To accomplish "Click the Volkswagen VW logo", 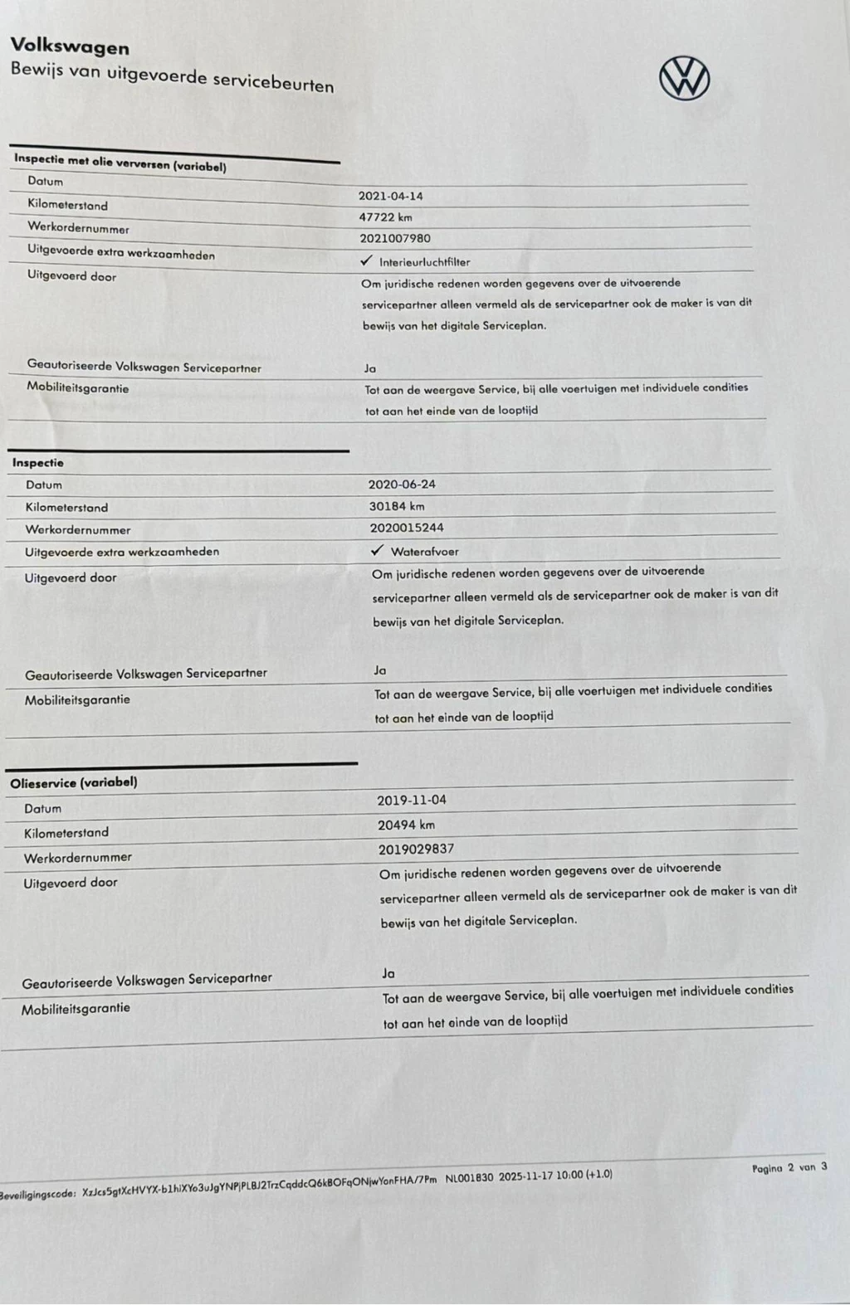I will click(x=684, y=79).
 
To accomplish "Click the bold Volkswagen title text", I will click(x=70, y=47).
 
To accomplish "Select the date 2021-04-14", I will click(x=390, y=197).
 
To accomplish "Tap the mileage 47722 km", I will click(x=385, y=217).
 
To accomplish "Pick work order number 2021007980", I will click(x=395, y=239).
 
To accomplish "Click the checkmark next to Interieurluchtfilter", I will click(x=366, y=261).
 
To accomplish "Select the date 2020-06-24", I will click(x=402, y=485).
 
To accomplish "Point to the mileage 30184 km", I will click(x=397, y=506).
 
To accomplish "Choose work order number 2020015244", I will click(x=407, y=528).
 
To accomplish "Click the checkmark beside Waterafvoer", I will click(x=377, y=550).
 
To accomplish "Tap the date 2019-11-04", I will click(x=412, y=801).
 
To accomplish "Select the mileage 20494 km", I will click(x=406, y=825).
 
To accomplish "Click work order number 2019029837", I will click(x=417, y=849).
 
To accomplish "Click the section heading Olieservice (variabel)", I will click(x=74, y=782).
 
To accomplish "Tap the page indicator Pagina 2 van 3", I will click(x=789, y=1167).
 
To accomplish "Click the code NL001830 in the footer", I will click(x=469, y=1177).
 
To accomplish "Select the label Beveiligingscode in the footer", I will click(x=37, y=1195).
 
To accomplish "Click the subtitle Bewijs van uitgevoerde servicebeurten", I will click(x=172, y=77).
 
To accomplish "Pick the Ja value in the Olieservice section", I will click(x=388, y=973).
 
